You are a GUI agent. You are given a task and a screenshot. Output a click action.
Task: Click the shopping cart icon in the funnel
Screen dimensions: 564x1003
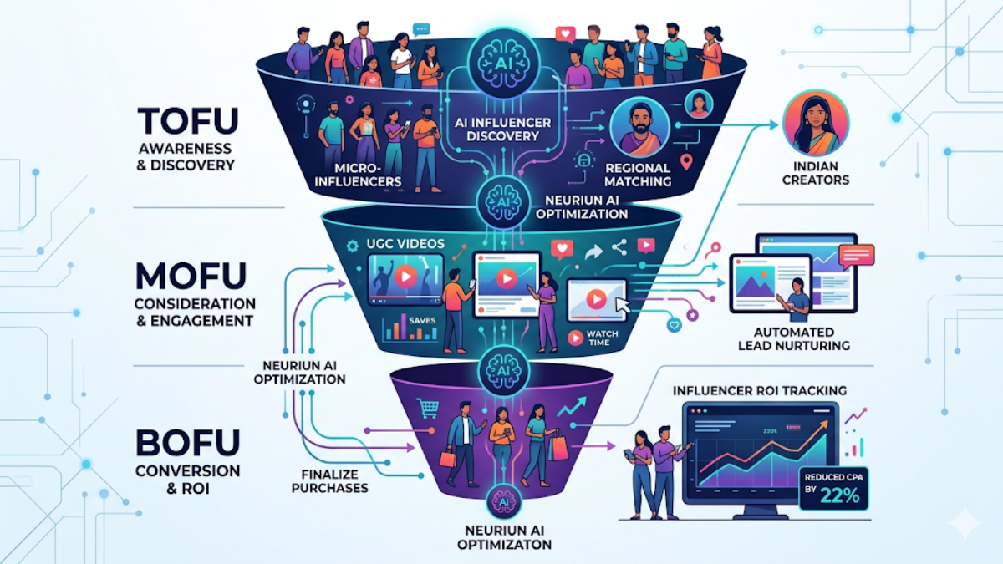click(x=429, y=408)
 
